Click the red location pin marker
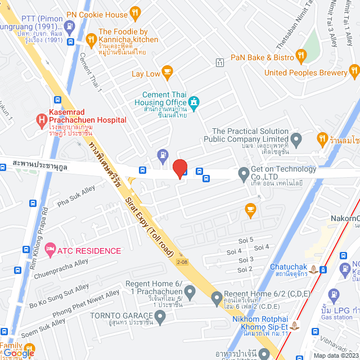click(179, 169)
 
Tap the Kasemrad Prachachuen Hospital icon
click(40, 119)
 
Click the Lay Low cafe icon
click(167, 71)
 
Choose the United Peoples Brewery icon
click(354, 70)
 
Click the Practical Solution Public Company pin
click(296, 138)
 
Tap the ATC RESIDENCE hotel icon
click(50, 248)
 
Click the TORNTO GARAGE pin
click(161, 319)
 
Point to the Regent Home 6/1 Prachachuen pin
click(190, 292)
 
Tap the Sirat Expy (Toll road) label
click(148, 224)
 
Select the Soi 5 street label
click(246, 240)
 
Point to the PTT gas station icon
click(69, 26)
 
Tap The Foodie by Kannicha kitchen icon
click(92, 39)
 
